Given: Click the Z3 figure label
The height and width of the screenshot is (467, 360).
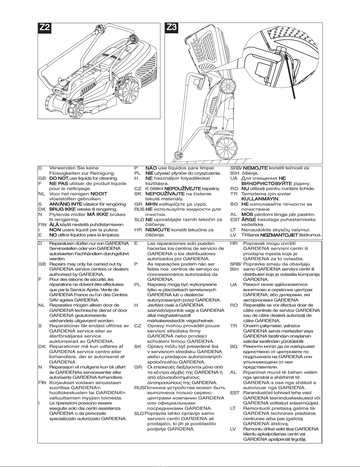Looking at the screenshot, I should pos(171,27).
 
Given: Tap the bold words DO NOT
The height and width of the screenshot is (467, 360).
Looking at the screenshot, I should pos(59,178).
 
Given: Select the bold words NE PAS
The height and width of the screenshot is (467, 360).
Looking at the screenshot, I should pos(59,183).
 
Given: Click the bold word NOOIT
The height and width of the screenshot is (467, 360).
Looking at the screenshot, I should pos(99,194).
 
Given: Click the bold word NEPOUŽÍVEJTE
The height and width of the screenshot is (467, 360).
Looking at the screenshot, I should pos(183,189).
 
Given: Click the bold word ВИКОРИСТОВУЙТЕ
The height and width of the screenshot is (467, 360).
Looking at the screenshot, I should pos(267,183).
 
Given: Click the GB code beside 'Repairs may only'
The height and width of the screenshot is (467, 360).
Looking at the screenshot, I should pos(42,264).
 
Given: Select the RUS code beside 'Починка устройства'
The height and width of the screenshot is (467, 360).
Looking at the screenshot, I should pos(139,388).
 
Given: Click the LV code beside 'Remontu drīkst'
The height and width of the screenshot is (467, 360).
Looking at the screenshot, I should pos(233,429).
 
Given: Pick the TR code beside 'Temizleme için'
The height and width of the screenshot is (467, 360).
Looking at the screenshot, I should pos(234,194).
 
